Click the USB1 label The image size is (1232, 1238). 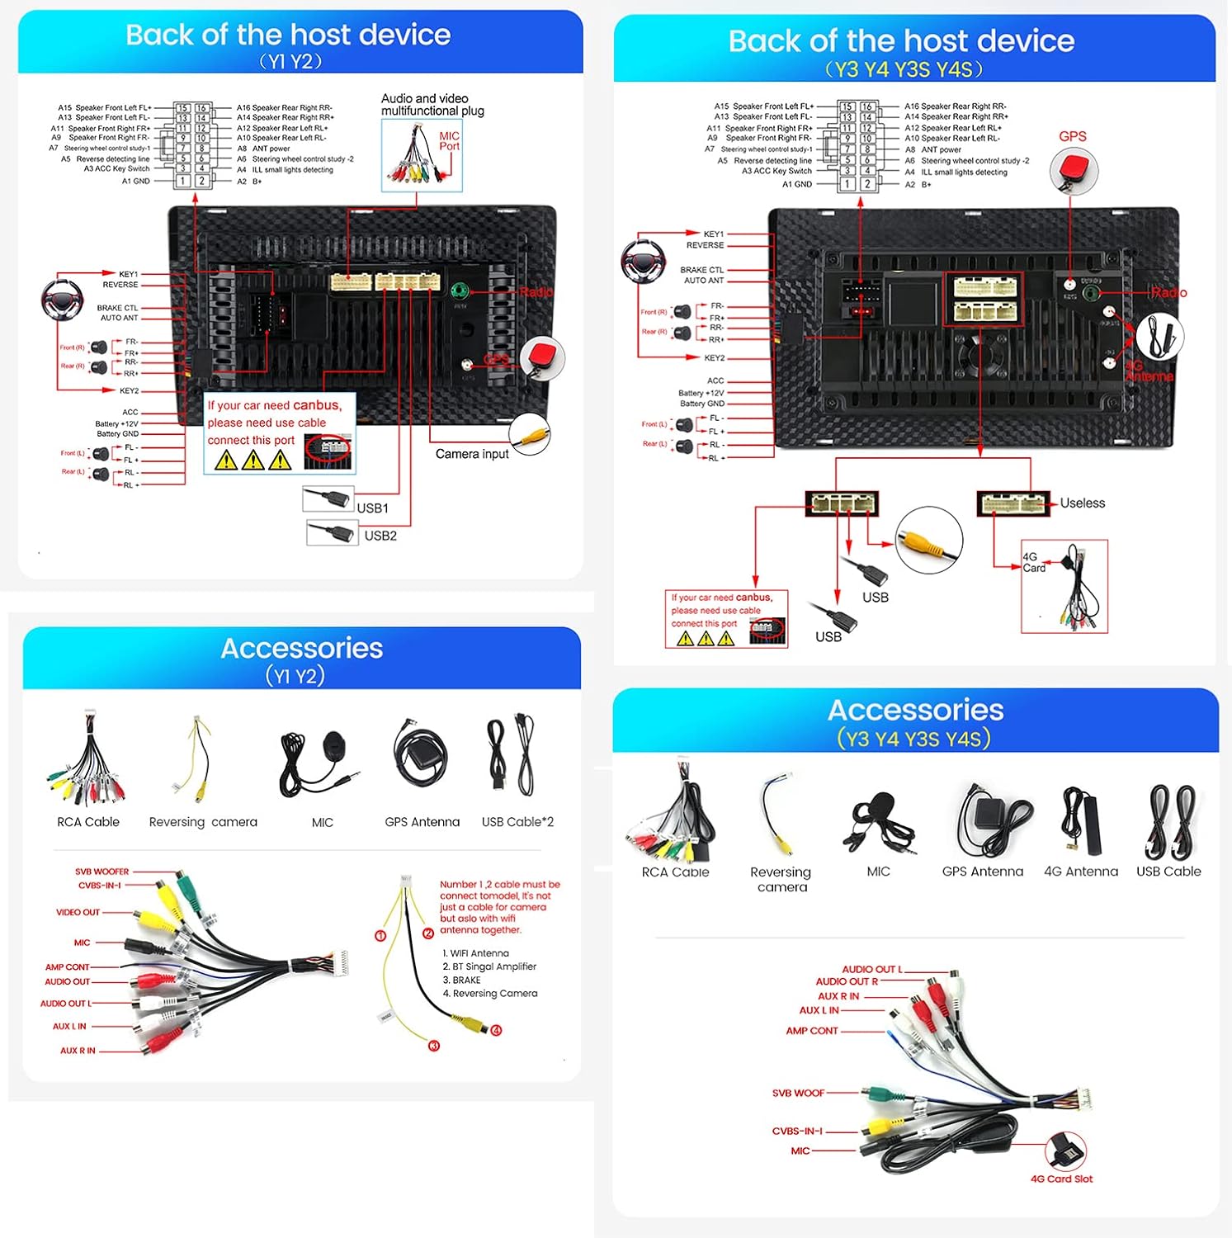(x=372, y=508)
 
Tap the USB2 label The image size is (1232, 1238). (x=380, y=536)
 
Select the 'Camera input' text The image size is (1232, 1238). (x=472, y=454)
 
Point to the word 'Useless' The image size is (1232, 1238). (x=1082, y=503)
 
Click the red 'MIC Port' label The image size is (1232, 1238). (x=449, y=141)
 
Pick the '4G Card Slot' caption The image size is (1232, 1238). (x=1061, y=1179)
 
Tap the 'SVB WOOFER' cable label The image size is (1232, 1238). (x=101, y=872)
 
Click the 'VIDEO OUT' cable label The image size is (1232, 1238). (x=78, y=913)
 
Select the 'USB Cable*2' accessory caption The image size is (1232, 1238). (x=517, y=822)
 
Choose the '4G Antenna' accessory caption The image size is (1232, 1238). (x=1080, y=872)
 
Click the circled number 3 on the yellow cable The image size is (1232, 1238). (x=434, y=1046)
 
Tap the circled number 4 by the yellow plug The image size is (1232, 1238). (x=497, y=1030)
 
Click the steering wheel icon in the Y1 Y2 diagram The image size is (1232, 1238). (x=62, y=300)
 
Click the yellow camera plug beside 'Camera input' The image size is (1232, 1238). (x=530, y=433)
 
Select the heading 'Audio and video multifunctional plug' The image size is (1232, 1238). (x=432, y=105)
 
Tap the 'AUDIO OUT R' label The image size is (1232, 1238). (x=846, y=981)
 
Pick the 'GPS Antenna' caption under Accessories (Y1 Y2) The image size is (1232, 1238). (x=422, y=822)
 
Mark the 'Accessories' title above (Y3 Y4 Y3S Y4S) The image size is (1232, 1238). (x=915, y=711)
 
